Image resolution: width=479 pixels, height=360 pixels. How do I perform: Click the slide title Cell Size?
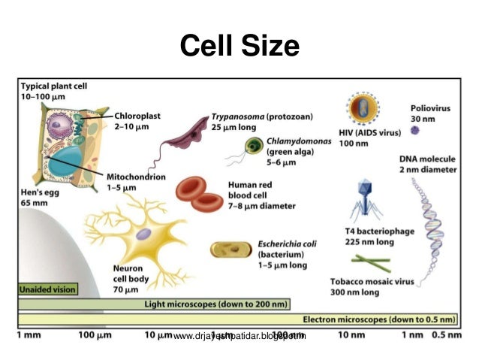pos(239,46)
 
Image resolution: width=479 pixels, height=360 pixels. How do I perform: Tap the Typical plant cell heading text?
pos(54,86)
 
